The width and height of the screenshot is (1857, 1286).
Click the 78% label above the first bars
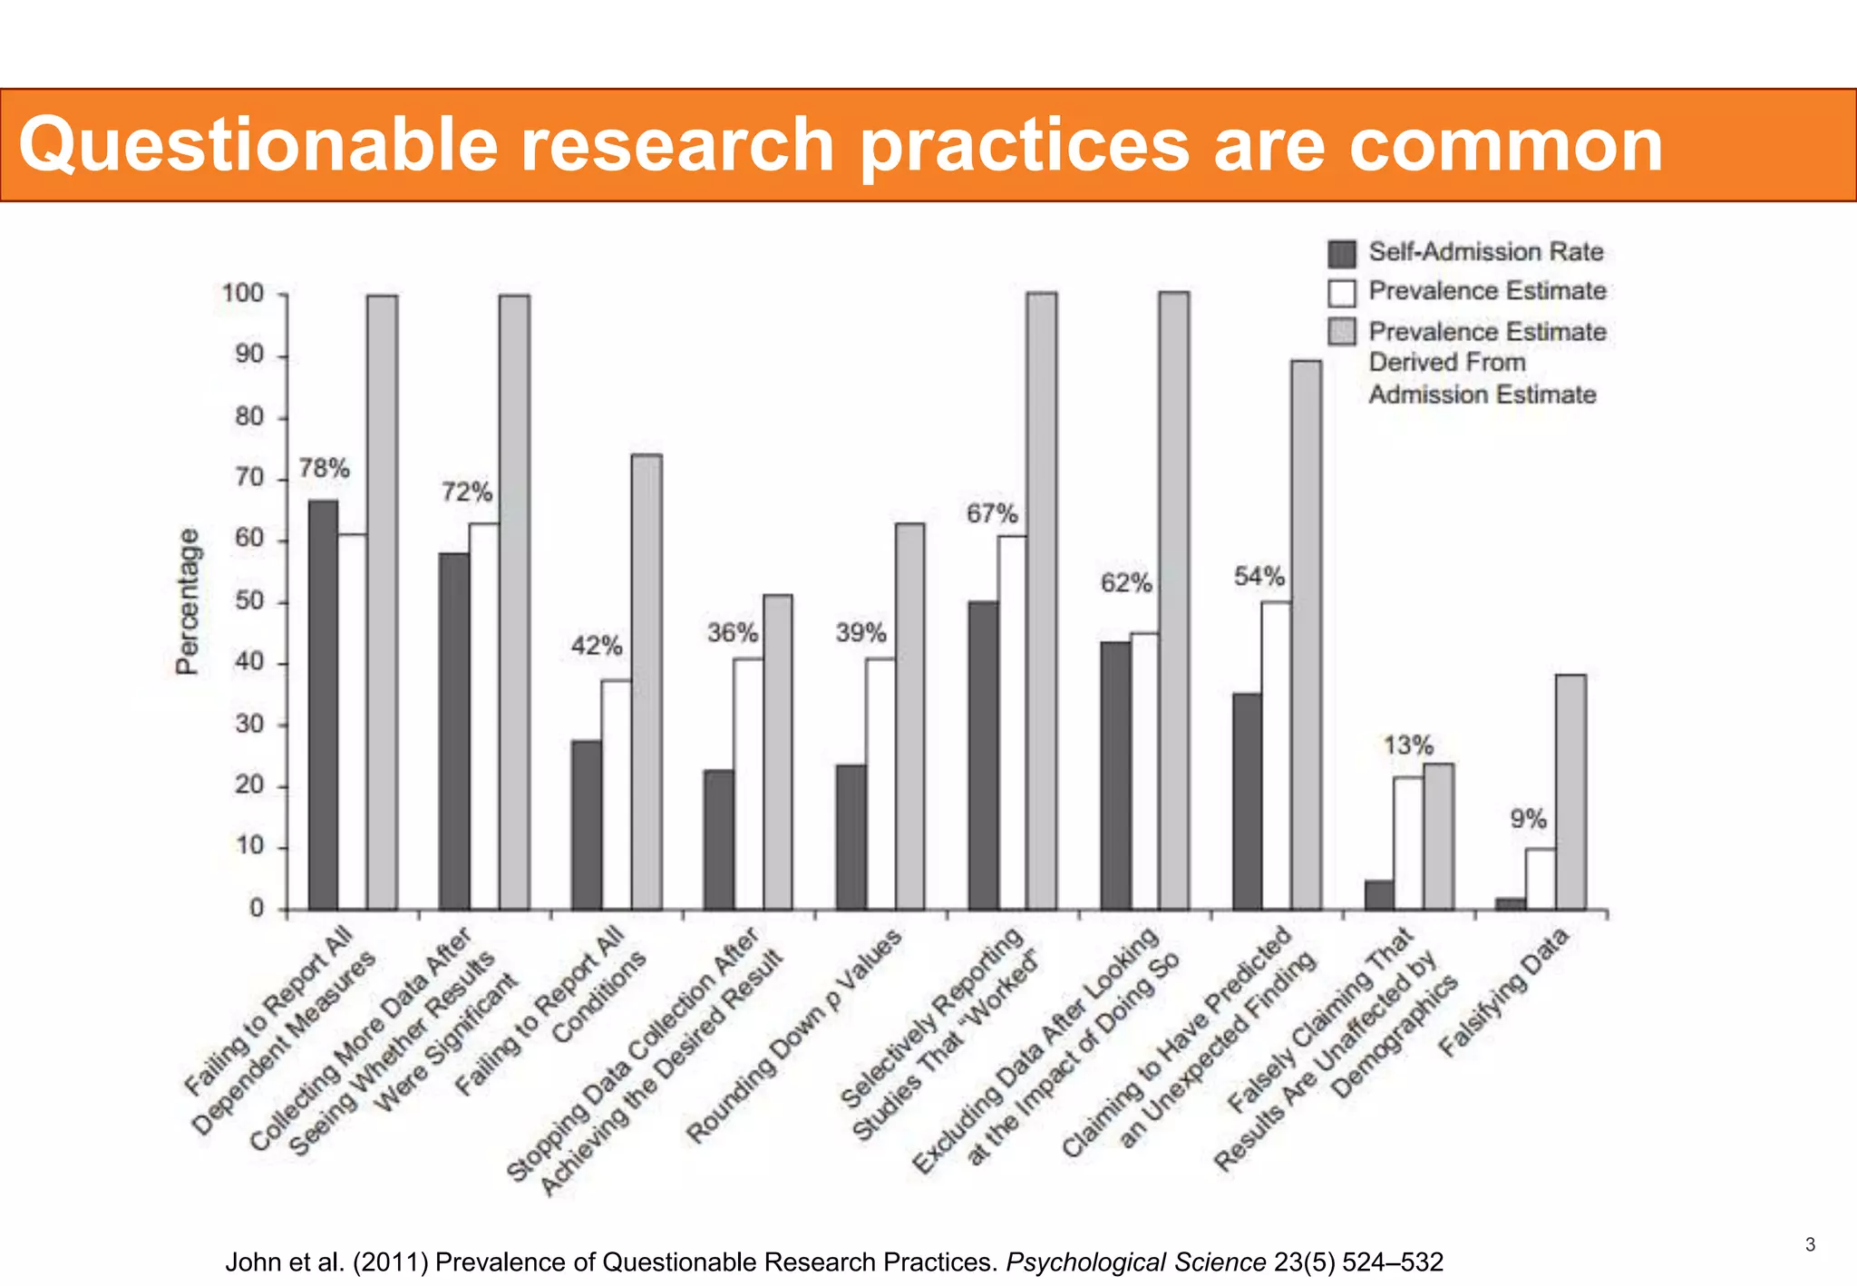click(324, 469)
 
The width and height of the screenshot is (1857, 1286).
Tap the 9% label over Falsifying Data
click(1528, 820)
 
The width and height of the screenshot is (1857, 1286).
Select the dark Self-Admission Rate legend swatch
click(1342, 254)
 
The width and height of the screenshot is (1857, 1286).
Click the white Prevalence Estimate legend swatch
click(1342, 293)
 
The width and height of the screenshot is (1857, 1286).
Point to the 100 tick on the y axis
click(243, 294)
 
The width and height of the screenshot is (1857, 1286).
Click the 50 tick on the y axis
click(248, 602)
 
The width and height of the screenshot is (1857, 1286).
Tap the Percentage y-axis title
click(187, 601)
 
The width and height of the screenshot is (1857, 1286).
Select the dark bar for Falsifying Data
click(1511, 903)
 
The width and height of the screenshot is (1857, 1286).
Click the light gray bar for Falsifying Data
click(1570, 792)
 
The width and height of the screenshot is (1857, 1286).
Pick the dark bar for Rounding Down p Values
click(851, 836)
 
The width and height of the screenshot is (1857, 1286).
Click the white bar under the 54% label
click(1276, 755)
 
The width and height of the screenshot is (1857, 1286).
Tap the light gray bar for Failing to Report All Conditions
click(647, 681)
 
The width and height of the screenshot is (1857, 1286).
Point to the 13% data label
click(1407, 746)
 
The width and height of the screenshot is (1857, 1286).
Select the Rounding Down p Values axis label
click(794, 1035)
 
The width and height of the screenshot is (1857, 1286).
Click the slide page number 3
click(1810, 1244)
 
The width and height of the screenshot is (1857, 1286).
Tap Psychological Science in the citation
click(1135, 1262)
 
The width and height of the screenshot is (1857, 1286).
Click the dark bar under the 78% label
click(323, 704)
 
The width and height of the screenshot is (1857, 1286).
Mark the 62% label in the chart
click(1126, 583)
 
